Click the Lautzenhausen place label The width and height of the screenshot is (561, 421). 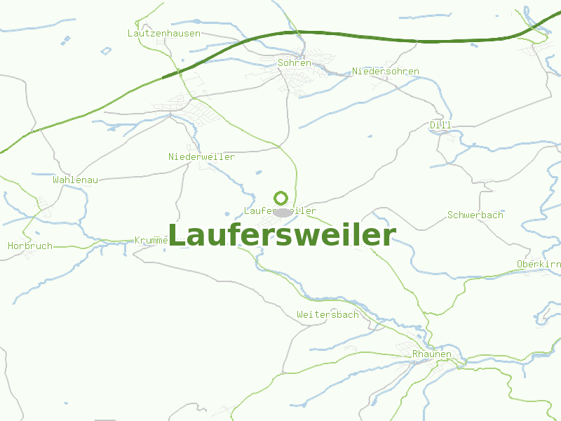(x=164, y=33)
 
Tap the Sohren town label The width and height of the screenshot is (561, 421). (x=295, y=62)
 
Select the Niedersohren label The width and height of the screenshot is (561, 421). (x=386, y=71)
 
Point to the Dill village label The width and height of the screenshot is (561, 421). (x=440, y=125)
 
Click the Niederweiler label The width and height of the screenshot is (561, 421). (x=201, y=156)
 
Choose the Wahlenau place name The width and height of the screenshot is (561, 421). (x=75, y=180)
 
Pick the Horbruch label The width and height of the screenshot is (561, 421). (x=30, y=246)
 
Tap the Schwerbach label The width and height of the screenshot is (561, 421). (x=475, y=215)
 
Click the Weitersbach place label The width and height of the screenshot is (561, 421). (x=327, y=314)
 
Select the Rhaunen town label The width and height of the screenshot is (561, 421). (x=432, y=354)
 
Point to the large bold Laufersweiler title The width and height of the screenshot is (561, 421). (x=282, y=235)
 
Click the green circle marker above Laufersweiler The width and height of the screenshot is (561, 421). (x=281, y=198)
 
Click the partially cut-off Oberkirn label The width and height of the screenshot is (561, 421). (x=538, y=264)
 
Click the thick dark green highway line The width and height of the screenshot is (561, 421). (x=351, y=34)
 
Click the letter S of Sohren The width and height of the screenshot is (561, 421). (x=281, y=62)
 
